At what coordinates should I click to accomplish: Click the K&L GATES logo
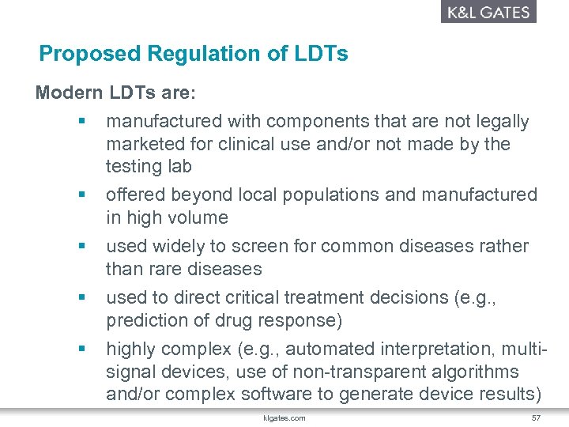tap(488, 12)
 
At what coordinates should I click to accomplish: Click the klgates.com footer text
tap(285, 418)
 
